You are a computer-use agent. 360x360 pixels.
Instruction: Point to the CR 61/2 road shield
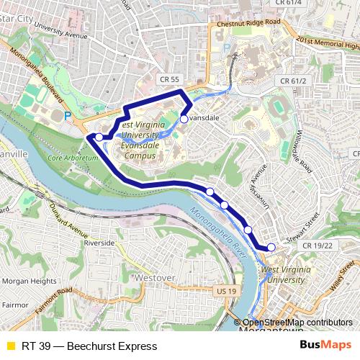click(293, 81)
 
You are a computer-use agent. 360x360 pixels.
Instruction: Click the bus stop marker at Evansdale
click(184, 119)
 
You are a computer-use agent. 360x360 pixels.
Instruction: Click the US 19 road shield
click(225, 291)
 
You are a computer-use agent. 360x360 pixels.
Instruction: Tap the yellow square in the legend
click(10, 346)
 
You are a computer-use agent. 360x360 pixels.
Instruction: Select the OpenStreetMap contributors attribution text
click(297, 323)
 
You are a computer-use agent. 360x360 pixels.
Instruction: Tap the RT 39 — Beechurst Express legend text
click(89, 346)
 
